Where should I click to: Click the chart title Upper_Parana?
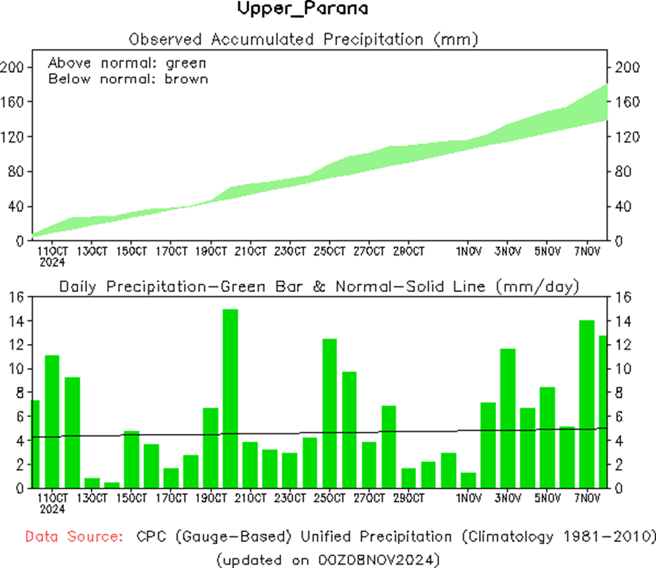pyautogui.click(x=303, y=10)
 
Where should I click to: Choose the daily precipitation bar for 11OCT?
pyautogui.click(x=52, y=421)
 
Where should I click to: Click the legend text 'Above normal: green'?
pyautogui.click(x=127, y=62)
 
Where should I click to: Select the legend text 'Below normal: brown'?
pyautogui.click(x=128, y=79)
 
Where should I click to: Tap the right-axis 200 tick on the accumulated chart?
pyautogui.click(x=627, y=67)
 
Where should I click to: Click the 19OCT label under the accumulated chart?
pyautogui.click(x=211, y=251)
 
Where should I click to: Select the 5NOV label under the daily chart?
pyautogui.click(x=547, y=499)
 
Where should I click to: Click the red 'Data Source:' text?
pyautogui.click(x=72, y=537)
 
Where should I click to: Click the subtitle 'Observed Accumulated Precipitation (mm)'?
pyautogui.click(x=304, y=39)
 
